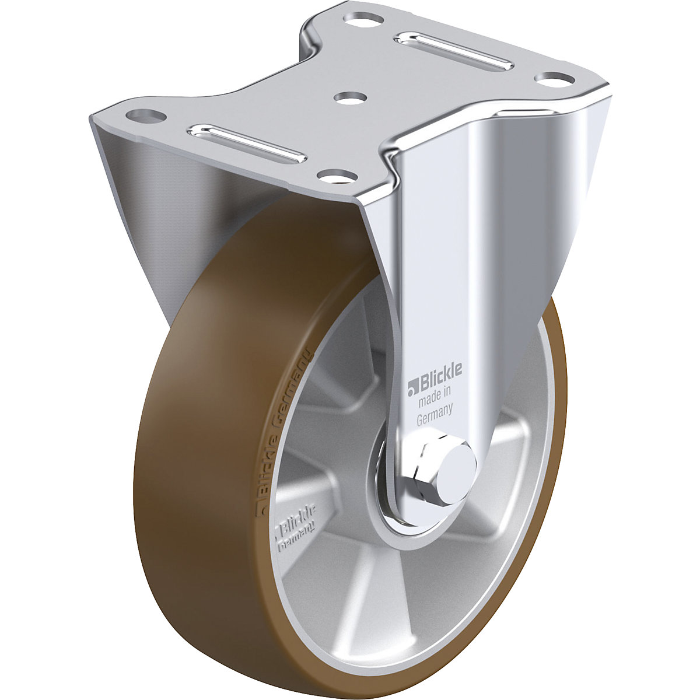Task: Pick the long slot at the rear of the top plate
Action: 450,50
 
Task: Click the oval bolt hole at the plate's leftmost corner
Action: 143,115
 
